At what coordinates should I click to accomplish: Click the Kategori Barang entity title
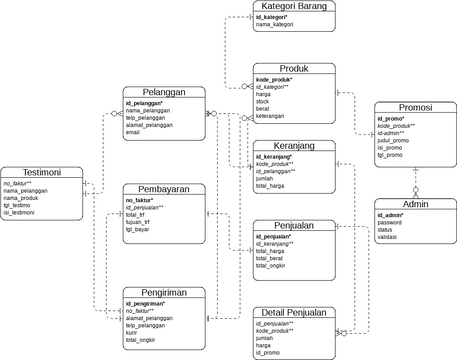295,7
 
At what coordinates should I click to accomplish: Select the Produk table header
295,68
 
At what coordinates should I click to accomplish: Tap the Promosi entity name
414,107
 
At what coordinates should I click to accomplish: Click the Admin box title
414,204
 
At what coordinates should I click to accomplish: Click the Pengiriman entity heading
165,291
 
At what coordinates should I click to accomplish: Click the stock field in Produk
264,101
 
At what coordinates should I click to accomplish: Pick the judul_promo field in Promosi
394,141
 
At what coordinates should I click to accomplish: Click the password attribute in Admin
392,223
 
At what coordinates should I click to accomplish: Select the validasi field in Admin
390,237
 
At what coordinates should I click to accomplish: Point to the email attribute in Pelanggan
133,132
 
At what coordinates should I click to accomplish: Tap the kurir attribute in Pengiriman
132,333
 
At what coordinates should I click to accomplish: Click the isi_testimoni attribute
22,213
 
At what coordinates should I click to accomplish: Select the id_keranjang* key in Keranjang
274,157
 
